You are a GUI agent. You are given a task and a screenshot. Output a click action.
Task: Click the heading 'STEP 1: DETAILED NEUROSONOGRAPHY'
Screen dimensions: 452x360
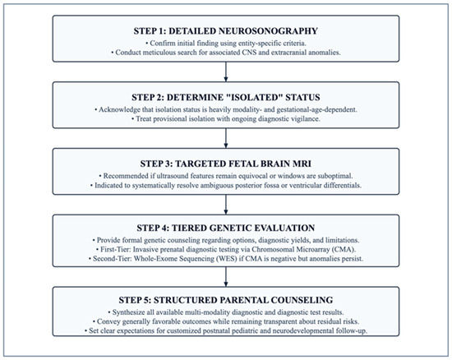[226, 31]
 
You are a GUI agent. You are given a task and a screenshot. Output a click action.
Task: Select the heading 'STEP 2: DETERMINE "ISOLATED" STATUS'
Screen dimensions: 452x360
[226, 97]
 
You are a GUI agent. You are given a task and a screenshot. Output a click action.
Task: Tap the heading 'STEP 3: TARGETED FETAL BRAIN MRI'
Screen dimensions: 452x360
[226, 164]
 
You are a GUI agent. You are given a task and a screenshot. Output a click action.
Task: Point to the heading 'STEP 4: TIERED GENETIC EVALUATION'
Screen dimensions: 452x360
[226, 228]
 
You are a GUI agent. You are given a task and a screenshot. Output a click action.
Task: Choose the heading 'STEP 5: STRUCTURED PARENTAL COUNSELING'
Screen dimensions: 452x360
[226, 300]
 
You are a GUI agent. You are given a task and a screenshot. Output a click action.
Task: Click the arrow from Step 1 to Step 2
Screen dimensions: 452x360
[226, 72]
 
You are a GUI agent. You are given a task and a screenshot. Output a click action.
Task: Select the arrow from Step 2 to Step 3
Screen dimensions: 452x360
[226, 138]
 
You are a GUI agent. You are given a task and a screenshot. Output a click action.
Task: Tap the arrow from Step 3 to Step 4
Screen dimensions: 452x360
[226, 205]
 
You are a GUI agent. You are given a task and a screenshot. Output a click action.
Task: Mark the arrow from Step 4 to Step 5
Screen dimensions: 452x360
[226, 276]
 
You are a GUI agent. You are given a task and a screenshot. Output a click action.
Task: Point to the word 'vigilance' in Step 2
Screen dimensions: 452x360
[305, 119]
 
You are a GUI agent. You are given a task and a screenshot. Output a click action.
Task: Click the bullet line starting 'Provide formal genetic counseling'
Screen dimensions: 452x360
[226, 240]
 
